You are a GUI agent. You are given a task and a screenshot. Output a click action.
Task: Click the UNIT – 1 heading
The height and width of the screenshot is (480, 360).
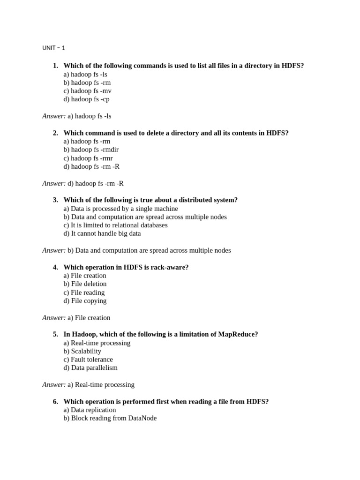[x=53, y=48]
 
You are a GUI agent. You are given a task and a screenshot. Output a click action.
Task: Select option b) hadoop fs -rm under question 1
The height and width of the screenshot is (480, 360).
[x=87, y=82]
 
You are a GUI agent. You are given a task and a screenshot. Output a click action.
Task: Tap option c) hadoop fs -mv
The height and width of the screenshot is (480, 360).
[x=87, y=91]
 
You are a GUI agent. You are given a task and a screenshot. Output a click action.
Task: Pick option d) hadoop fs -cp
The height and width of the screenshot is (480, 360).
[x=87, y=99]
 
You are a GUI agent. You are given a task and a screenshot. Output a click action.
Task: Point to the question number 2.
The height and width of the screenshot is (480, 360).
[x=55, y=133]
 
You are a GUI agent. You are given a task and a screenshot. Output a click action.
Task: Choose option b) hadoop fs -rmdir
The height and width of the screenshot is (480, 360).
[x=91, y=150]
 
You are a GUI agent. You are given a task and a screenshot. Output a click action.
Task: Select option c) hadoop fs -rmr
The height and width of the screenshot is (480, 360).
[x=88, y=158]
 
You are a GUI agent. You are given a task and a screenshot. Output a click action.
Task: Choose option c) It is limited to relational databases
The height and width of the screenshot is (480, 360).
[x=115, y=225]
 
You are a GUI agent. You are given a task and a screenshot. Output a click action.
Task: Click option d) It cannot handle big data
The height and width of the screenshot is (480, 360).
[x=102, y=233]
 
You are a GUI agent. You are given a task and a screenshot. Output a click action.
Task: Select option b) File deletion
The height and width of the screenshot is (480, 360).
[x=85, y=284]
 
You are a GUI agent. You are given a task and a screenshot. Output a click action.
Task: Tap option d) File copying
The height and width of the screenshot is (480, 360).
[x=85, y=300]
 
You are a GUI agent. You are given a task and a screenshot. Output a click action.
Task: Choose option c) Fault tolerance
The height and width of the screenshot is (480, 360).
[x=88, y=360]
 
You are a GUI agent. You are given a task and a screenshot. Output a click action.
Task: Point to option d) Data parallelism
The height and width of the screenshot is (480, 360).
[x=90, y=367]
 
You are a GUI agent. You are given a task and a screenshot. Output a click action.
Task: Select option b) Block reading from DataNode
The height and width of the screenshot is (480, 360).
[x=110, y=418]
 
